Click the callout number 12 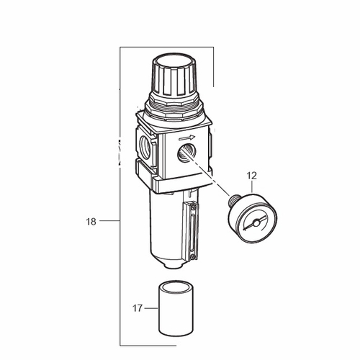click(252, 176)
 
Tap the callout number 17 click(138, 308)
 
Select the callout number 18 click(91, 222)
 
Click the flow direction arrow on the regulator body click(187, 138)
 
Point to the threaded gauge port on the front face click(186, 153)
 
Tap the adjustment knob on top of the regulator click(175, 75)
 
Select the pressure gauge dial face click(256, 222)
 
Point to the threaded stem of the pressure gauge click(233, 199)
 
